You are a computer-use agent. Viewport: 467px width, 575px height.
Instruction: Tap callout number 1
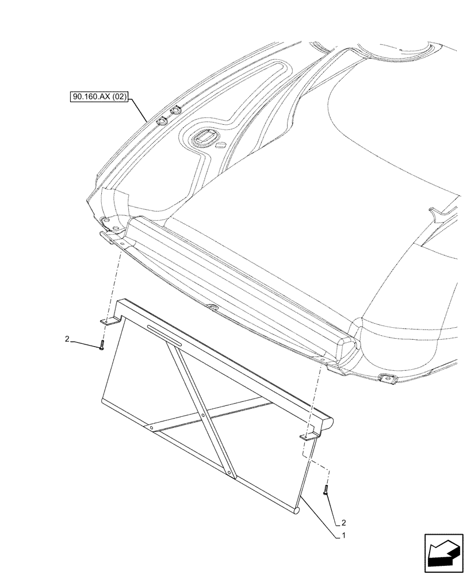click(x=343, y=535)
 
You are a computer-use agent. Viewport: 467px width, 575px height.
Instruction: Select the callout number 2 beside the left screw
click(x=68, y=340)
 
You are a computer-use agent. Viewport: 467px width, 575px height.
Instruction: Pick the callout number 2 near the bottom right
click(x=343, y=523)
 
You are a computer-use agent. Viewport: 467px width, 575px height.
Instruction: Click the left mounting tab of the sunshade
click(x=109, y=323)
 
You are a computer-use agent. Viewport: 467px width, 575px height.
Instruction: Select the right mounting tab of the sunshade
click(x=309, y=438)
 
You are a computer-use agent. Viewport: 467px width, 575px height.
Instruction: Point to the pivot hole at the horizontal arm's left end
click(x=151, y=428)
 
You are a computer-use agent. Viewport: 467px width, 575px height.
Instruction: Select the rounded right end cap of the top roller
click(x=330, y=424)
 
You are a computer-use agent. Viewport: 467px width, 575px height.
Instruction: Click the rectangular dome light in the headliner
click(x=203, y=137)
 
